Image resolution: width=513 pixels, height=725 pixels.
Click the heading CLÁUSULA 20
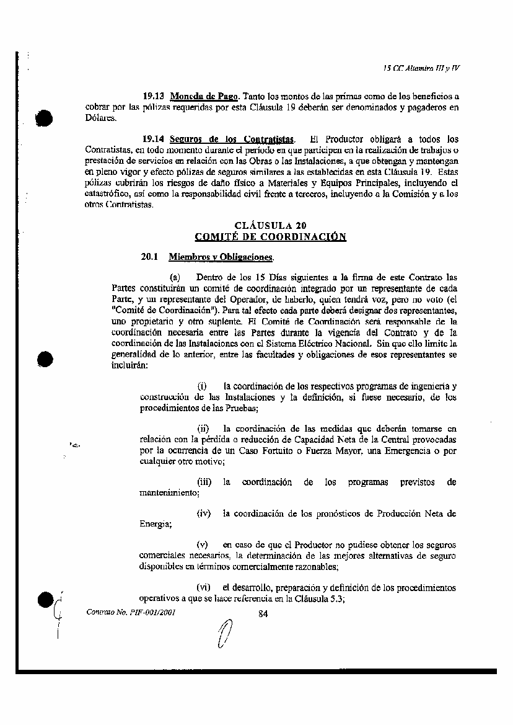click(x=270, y=226)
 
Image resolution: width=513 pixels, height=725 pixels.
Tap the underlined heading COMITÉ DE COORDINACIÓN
click(x=270, y=237)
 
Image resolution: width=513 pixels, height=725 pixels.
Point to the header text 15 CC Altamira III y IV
click(x=421, y=68)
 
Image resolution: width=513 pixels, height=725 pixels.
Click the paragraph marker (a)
click(x=175, y=277)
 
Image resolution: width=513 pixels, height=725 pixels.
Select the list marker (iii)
click(x=204, y=482)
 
